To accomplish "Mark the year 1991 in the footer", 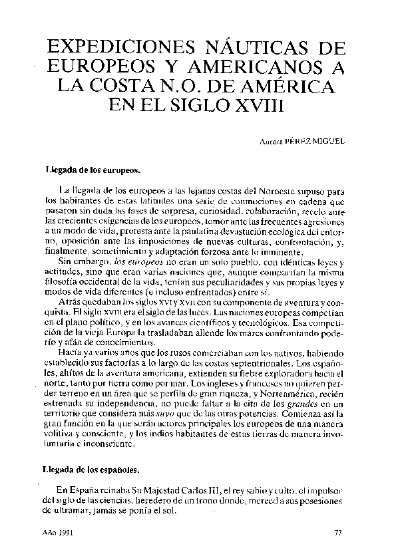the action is click(65, 533).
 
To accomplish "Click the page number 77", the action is click(337, 533).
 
